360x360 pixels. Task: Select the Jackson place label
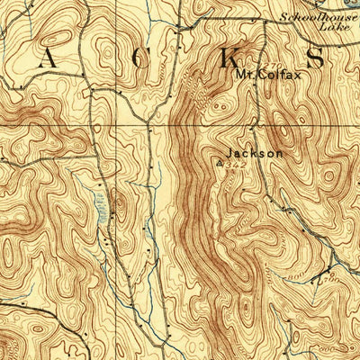click(256, 153)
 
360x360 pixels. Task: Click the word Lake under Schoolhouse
click(331, 27)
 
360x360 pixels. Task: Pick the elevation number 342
click(238, 165)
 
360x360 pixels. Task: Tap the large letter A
click(46, 60)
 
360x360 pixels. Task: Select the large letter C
click(136, 60)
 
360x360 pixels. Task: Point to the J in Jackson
click(231, 153)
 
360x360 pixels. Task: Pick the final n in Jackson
click(280, 153)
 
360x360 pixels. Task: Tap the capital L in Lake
click(319, 27)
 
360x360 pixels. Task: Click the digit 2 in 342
click(243, 165)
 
